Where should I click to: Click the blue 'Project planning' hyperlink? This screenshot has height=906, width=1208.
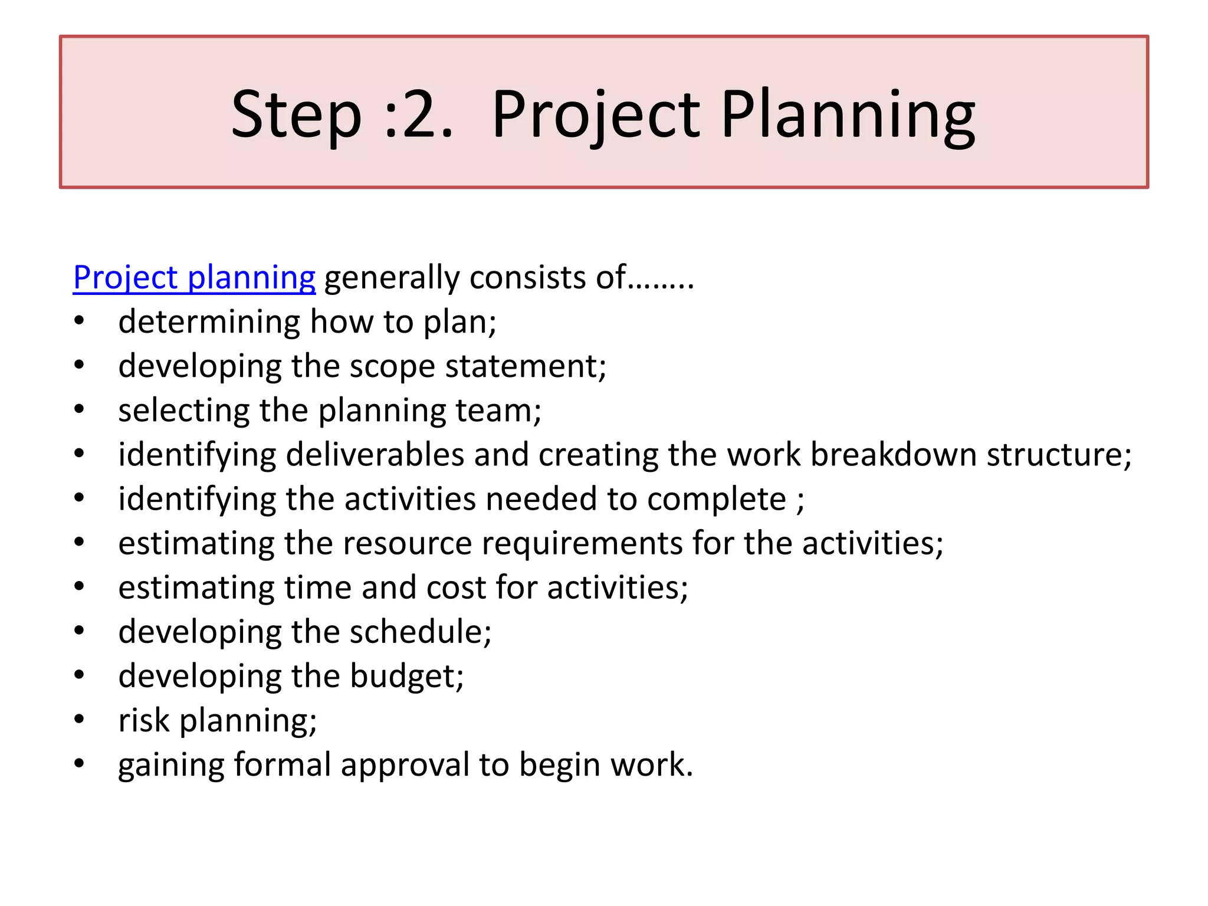coord(194,278)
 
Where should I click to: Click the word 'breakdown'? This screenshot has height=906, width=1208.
coord(893,455)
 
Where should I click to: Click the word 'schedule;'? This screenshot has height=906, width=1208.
coord(421,632)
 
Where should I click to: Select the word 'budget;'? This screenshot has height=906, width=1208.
coord(407,676)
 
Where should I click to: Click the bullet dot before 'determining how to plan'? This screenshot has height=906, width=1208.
coord(80,321)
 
